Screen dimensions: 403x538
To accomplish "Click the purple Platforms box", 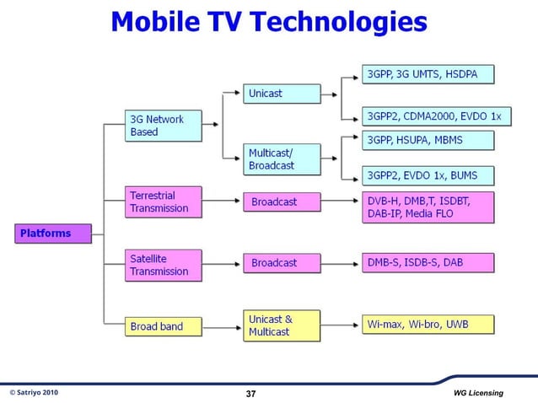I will [x=51, y=233].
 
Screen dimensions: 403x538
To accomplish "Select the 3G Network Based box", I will [x=164, y=126].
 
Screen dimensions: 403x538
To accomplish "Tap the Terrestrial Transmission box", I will [x=164, y=201].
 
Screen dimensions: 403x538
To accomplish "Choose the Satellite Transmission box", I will [x=164, y=265].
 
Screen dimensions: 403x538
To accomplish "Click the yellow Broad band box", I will [x=164, y=325].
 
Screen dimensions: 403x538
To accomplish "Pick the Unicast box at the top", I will [x=282, y=94].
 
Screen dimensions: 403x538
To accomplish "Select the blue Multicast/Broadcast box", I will [x=282, y=159].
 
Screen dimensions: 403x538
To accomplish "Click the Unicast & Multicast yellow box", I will [x=282, y=325].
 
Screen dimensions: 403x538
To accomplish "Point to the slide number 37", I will [x=250, y=394].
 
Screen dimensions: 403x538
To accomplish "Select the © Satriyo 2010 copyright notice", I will [x=34, y=393].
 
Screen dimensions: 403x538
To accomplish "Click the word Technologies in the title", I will [x=337, y=23].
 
